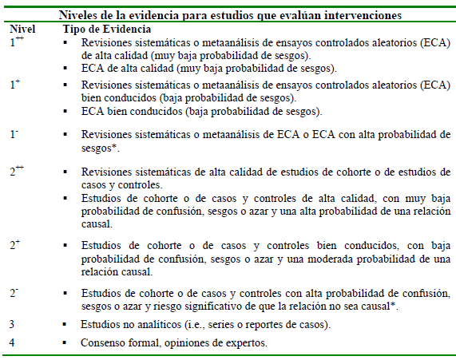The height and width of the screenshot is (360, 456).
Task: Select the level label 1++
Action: click(x=16, y=41)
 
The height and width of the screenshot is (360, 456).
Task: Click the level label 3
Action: click(x=12, y=325)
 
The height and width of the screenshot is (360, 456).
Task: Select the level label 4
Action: click(x=12, y=343)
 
